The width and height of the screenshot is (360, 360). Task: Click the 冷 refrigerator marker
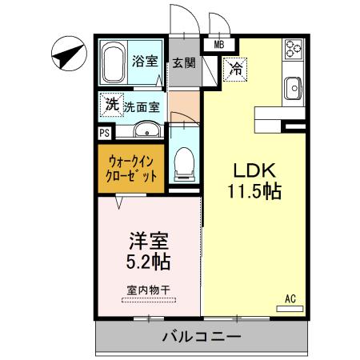coord(236,70)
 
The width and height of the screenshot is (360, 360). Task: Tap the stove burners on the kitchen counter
coord(293,50)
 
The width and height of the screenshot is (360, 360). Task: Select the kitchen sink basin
coord(293,86)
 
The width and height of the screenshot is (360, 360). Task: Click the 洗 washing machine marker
coord(112,103)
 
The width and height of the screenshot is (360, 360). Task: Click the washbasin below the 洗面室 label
coord(146,130)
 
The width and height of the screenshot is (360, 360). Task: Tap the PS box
coord(104,134)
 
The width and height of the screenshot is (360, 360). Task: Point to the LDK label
coord(254,170)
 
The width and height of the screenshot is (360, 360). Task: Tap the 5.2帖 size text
coord(149,260)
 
